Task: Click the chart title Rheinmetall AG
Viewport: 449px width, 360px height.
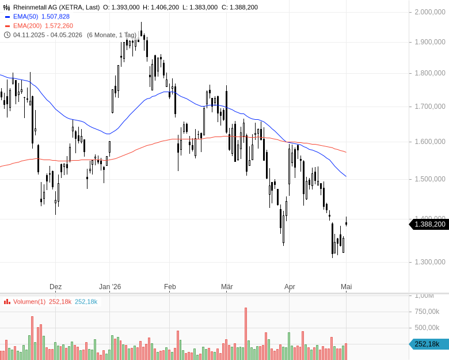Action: click(36, 7)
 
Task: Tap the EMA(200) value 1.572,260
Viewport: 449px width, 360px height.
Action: click(59, 26)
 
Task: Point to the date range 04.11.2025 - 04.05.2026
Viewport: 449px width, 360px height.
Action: click(48, 35)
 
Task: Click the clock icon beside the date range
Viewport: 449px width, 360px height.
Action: click(7, 35)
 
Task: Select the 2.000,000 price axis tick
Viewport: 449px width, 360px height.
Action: click(430, 12)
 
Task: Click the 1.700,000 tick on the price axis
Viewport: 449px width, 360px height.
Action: click(430, 107)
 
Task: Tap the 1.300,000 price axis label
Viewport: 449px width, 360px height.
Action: click(430, 262)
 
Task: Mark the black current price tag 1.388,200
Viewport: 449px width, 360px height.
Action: click(429, 224)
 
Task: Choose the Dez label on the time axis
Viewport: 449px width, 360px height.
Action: click(56, 287)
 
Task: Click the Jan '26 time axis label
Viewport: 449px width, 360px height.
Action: click(110, 287)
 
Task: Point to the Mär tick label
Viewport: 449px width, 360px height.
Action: click(227, 287)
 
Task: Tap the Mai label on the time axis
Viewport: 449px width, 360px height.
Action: click(347, 287)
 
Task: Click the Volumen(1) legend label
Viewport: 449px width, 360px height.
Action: click(29, 301)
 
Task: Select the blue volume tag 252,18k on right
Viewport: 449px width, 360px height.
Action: click(429, 344)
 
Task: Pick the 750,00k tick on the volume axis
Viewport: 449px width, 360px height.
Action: click(427, 312)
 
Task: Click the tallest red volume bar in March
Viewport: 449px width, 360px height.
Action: click(246, 334)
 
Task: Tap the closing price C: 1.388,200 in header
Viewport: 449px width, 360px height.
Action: click(239, 7)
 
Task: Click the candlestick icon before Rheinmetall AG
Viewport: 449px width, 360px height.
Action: click(6, 7)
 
